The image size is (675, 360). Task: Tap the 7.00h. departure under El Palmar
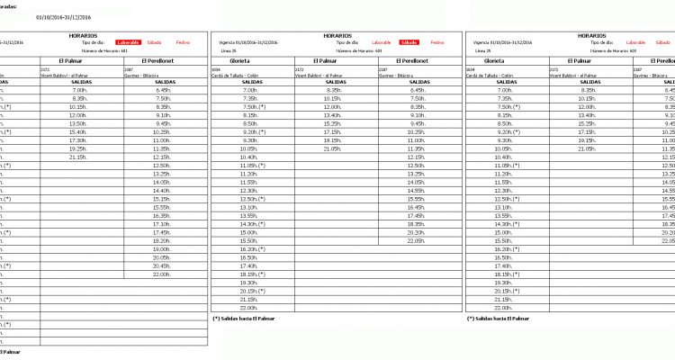[77, 90]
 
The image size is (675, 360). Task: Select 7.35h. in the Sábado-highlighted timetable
[252, 98]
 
